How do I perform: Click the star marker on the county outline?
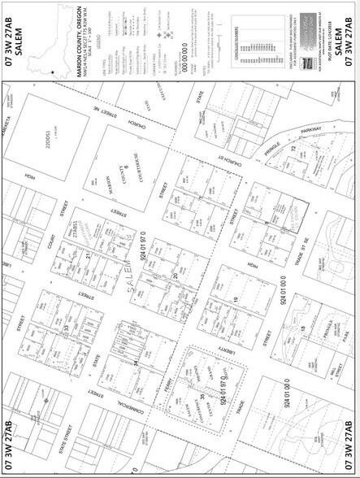click(x=53, y=74)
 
